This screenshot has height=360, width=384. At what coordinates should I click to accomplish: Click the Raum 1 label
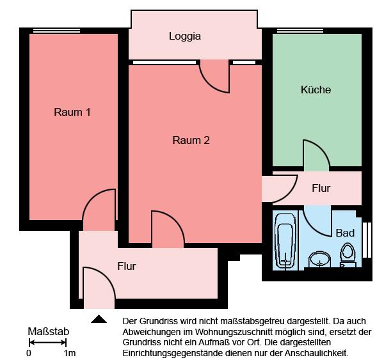pos(72,113)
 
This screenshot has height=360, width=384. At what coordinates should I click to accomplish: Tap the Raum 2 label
pos(191,141)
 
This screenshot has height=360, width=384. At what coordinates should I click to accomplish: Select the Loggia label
pos(185,36)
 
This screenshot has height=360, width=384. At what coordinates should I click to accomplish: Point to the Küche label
pos(316,90)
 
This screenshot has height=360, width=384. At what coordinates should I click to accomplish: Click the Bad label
pos(345,233)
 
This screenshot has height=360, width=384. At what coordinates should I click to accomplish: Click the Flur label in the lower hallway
pos(126,266)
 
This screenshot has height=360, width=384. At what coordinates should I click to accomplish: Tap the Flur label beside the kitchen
pos(321,188)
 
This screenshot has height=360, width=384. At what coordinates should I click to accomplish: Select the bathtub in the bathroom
pos(284,242)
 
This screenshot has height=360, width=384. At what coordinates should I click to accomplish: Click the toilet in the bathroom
pos(348,254)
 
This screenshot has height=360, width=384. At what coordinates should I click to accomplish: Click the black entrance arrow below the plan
pos(99,319)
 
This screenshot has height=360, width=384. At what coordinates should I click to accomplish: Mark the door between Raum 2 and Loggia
pos(215,77)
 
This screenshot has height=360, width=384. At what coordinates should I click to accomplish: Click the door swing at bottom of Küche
pos(316,156)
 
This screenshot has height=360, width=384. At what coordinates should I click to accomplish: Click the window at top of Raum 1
pos(56,30)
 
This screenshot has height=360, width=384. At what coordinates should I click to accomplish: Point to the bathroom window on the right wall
pos(367,239)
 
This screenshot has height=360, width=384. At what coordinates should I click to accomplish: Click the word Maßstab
pos(49,332)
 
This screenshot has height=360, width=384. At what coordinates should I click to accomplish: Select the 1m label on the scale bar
pos(69,353)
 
